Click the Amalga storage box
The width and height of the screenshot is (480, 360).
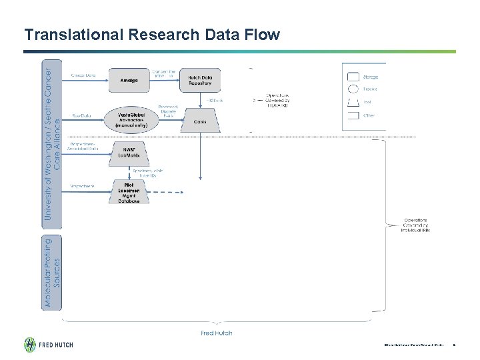(129, 81)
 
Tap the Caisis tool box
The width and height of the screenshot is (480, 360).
(200, 121)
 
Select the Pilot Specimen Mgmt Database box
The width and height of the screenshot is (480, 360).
(129, 191)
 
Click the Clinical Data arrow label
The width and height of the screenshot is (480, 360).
(83, 75)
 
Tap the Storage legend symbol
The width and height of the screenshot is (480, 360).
(353, 77)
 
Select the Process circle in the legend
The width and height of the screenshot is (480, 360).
(353, 89)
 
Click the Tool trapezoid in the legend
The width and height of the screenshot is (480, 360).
(353, 102)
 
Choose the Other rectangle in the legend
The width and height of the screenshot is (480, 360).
(353, 115)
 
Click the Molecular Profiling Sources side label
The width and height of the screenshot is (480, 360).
(52, 273)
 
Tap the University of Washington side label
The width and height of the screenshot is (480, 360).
(52, 142)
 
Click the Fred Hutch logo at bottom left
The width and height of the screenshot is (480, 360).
(49, 345)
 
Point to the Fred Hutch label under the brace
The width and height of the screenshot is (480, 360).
(217, 333)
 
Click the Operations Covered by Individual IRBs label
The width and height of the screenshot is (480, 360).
(417, 225)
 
